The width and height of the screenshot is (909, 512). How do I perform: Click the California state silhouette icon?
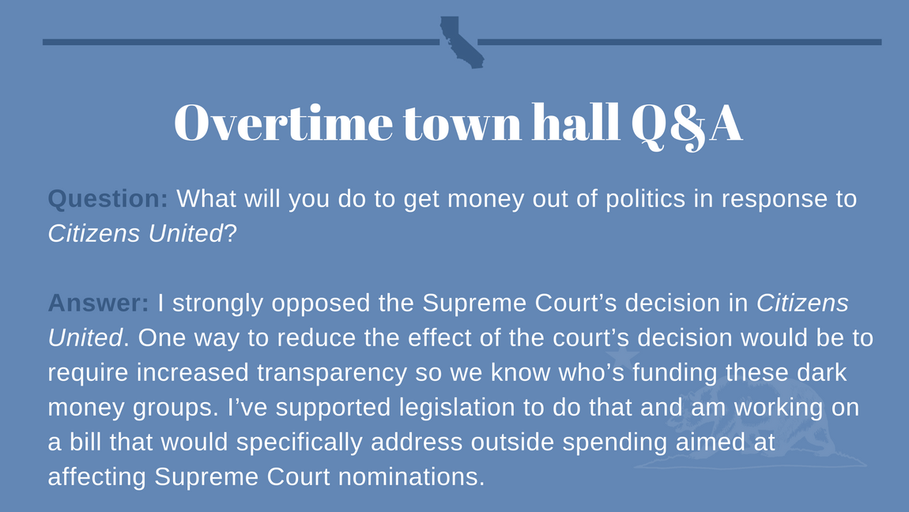pos(460,43)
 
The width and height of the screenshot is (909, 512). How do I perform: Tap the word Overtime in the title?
pos(284,122)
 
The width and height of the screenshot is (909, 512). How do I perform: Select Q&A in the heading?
pos(686,125)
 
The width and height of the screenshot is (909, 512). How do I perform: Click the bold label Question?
pos(107,198)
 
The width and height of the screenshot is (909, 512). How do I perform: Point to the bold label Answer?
pos(99,303)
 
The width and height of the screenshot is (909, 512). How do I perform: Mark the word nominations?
pos(411,476)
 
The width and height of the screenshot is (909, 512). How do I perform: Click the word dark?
pos(822,372)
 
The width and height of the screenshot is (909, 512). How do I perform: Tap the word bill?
pos(86,442)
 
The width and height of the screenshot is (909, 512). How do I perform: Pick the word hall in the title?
pos(575,122)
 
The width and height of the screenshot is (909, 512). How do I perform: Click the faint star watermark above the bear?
pos(623,357)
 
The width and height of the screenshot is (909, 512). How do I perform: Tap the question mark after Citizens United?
pos(231,234)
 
